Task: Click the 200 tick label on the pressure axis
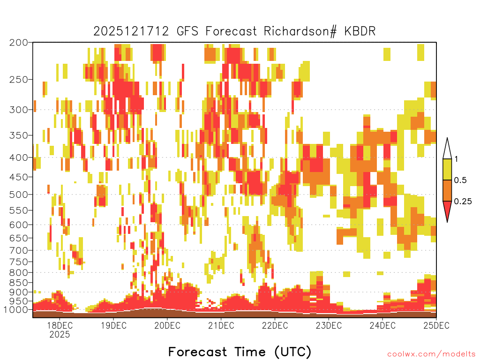coord(18,43)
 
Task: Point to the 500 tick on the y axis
coord(18,195)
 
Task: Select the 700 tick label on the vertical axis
coord(18,250)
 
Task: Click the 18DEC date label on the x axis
coord(60,325)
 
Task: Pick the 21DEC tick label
coord(221,325)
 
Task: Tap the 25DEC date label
coord(436,325)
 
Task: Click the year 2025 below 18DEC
coord(60,334)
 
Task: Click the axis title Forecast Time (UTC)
coord(240,352)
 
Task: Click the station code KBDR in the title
coord(360,31)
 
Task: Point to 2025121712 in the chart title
coord(131,31)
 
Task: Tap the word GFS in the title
coord(187,31)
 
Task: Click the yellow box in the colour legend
coord(447,169)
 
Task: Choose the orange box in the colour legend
coord(447,191)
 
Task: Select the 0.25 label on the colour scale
coord(463,202)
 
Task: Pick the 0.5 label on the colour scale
coord(460,180)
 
